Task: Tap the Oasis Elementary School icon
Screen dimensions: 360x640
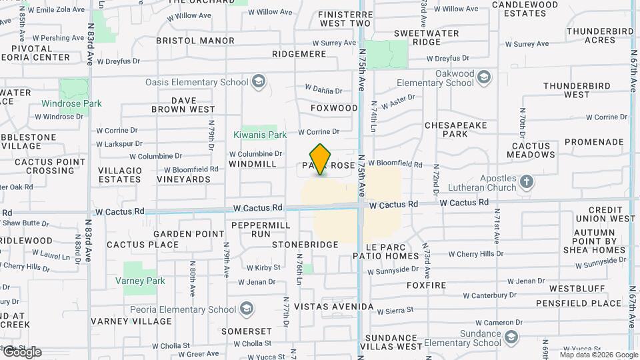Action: coord(259,83)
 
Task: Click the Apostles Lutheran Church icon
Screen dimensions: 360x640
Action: coord(527,181)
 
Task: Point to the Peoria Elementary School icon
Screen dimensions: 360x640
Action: coord(247,309)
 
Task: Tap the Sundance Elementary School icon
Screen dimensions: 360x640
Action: coord(511,338)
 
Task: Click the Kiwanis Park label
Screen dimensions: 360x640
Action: coord(260,135)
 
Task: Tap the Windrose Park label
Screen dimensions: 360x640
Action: coord(71,103)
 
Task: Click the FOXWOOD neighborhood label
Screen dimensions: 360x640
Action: coord(334,108)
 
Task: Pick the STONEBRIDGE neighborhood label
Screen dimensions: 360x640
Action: coord(305,245)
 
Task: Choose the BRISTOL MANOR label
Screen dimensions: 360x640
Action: coord(195,41)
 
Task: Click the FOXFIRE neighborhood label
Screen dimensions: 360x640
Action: coord(426,285)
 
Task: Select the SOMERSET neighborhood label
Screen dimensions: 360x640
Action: coord(247,331)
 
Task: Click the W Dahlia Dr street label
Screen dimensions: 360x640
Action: coord(323,89)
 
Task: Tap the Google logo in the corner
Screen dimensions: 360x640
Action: coord(21,352)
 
